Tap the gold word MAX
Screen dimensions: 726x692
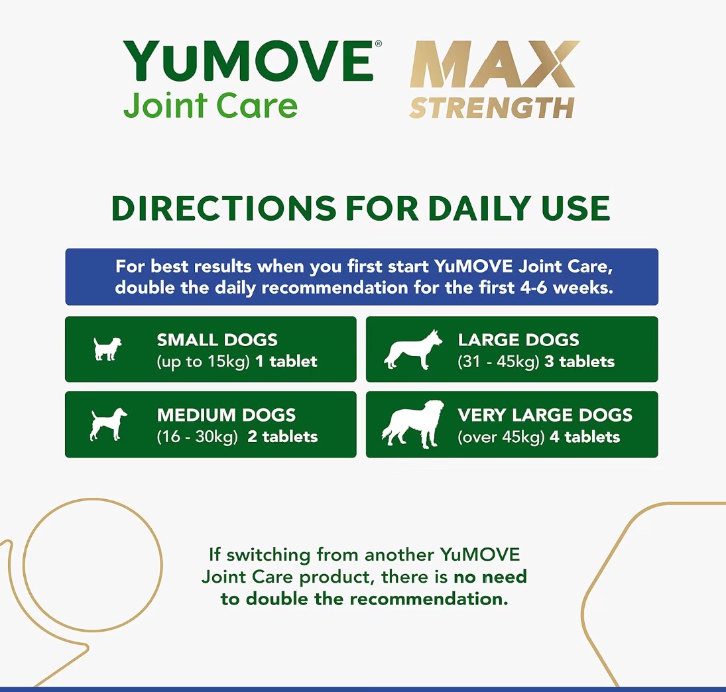[495, 64]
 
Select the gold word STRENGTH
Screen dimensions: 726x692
[492, 108]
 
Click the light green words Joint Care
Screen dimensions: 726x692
[210, 105]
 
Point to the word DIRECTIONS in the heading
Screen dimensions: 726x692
[223, 208]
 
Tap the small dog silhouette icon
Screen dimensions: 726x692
[107, 349]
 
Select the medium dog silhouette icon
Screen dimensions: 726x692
[108, 424]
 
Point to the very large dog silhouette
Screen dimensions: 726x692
[412, 424]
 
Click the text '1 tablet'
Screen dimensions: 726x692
[286, 361]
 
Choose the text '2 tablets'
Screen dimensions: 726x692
[282, 437]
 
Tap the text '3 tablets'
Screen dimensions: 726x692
[579, 361]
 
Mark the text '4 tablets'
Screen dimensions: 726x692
[584, 437]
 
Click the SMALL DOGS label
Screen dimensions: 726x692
[217, 340]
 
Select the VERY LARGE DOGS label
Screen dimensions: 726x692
[545, 415]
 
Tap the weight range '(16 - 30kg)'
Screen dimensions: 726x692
[197, 437]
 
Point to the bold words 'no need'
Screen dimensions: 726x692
[490, 577]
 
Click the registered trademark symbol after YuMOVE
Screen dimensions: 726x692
[379, 44]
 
